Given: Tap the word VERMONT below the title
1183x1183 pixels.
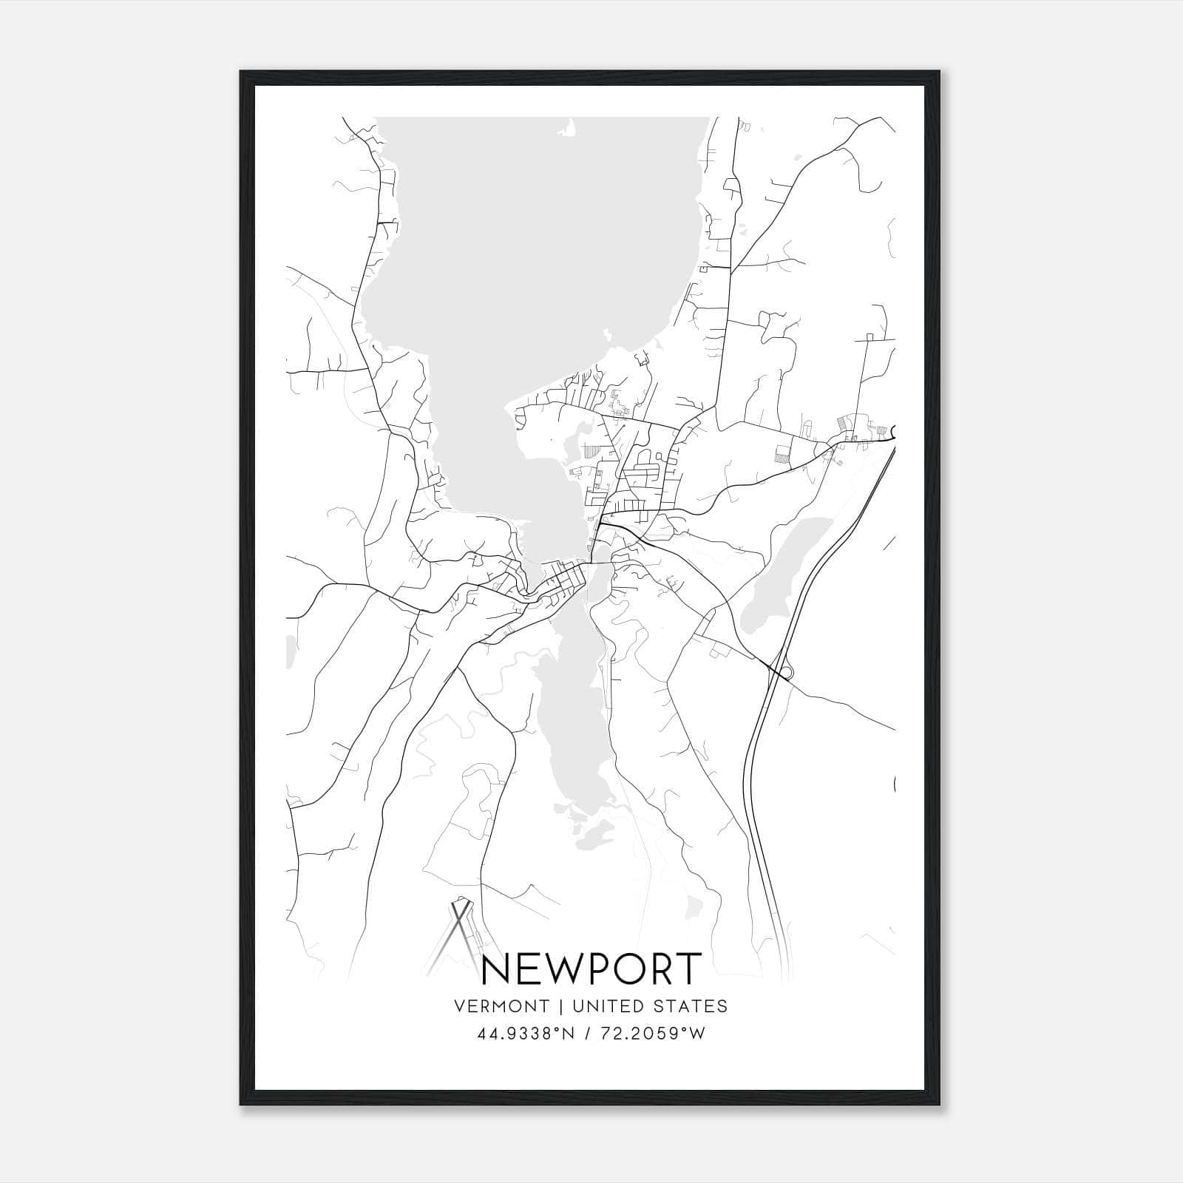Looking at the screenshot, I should point(502,1006).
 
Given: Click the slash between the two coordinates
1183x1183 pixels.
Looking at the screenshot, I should point(588,1034).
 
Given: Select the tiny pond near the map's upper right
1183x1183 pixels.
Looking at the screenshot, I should point(795,157).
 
